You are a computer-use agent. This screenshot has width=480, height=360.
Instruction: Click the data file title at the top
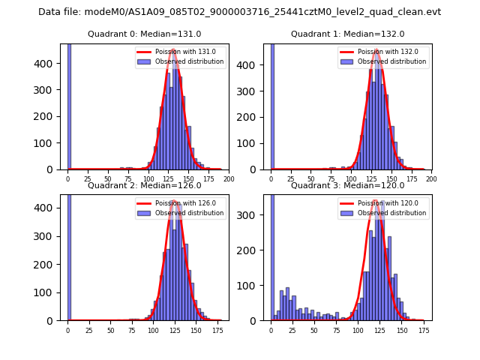pos(239,12)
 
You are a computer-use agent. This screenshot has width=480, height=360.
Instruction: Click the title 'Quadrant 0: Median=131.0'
pos(144,34)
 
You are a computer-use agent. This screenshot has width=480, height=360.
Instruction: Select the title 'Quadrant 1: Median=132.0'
pos(347,34)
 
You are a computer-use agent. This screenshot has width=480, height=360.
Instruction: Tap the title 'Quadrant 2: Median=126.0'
pos(144,185)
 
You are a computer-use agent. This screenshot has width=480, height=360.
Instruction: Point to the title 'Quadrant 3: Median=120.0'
pos(347,185)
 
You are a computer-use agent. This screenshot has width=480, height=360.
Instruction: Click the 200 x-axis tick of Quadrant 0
pos(229,179)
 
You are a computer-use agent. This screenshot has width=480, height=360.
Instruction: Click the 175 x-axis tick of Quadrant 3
pos(423,330)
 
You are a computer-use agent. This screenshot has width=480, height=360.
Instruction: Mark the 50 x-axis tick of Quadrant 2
pos(110,330)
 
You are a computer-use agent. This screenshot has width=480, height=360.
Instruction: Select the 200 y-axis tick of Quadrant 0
pos(49,116)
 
